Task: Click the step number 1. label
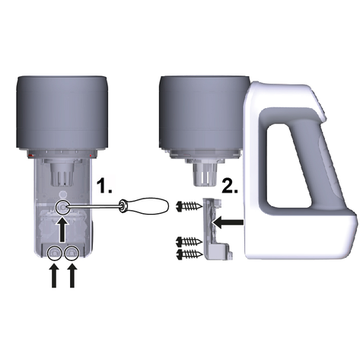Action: pyautogui.click(x=105, y=186)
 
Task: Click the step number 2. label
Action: pyautogui.click(x=230, y=186)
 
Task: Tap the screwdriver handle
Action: pyautogui.click(x=144, y=205)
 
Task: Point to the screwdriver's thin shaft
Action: pyautogui.click(x=94, y=207)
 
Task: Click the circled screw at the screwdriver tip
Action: pyautogui.click(x=62, y=208)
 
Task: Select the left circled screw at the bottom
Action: pyautogui.click(x=54, y=253)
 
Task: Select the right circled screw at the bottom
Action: pyautogui.click(x=72, y=253)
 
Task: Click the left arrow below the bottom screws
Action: pyautogui.click(x=54, y=276)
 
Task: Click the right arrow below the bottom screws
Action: pyautogui.click(x=72, y=276)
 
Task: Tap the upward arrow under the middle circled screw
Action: pyautogui.click(x=62, y=230)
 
